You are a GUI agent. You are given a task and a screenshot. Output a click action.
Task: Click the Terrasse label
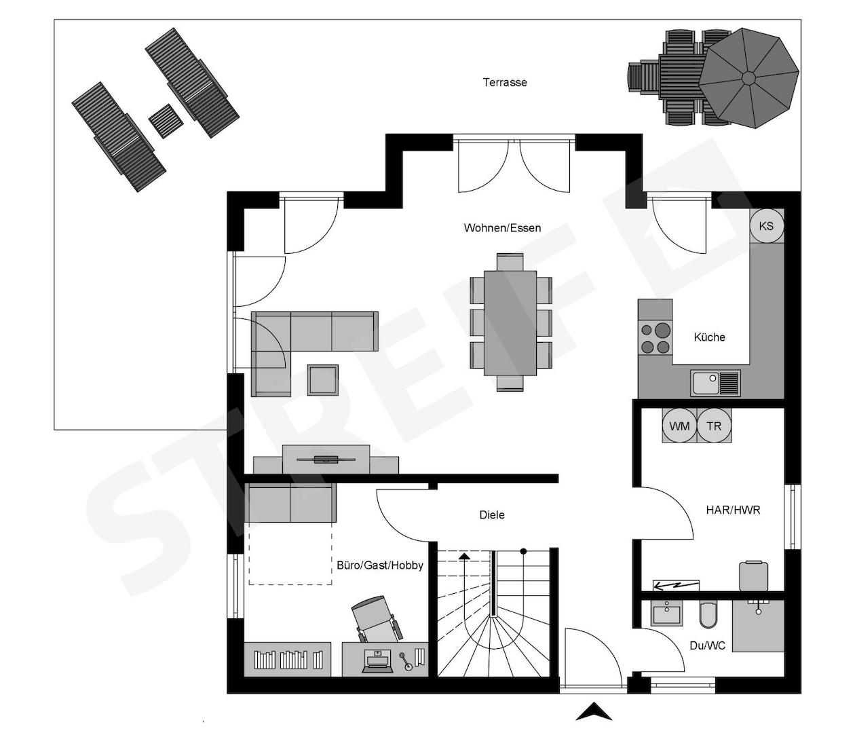click(x=504, y=82)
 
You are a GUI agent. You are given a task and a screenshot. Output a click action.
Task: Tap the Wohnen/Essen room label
click(x=502, y=228)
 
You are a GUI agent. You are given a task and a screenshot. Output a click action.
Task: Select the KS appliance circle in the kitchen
click(x=767, y=226)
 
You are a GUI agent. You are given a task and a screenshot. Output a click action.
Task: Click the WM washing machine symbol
click(x=679, y=426)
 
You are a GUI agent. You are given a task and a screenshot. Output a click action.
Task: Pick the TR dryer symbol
click(x=714, y=426)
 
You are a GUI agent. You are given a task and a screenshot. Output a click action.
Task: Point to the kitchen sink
click(x=715, y=383)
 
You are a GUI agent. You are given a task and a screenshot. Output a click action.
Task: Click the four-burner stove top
click(x=655, y=339)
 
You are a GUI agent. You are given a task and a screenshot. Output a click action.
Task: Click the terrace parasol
click(x=748, y=78)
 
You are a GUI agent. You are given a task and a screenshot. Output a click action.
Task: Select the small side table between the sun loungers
click(x=166, y=121)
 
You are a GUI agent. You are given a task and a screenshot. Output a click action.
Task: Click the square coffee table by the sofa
click(x=322, y=380)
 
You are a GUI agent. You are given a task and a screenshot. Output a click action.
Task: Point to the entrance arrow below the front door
click(x=594, y=711)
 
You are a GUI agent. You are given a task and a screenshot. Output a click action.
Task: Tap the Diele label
click(x=492, y=515)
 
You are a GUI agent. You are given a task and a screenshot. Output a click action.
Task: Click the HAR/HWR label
click(x=733, y=510)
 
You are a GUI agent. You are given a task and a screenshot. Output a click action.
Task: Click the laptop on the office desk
click(x=377, y=662)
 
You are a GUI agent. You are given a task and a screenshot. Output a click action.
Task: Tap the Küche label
click(x=709, y=337)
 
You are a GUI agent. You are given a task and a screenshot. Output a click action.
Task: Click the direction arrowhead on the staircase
click(x=465, y=557)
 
